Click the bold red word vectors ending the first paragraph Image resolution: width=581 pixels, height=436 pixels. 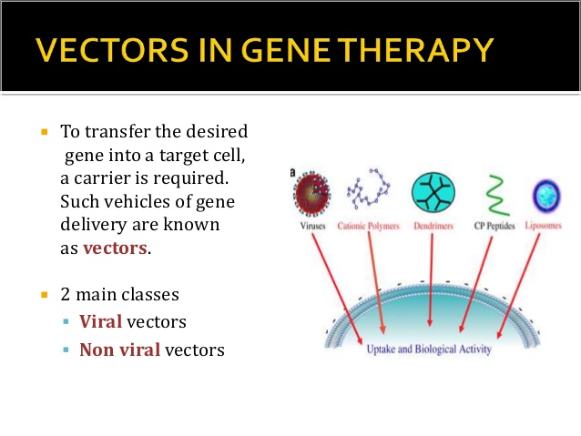(x=116, y=248)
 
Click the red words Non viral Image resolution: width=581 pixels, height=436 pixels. (x=119, y=349)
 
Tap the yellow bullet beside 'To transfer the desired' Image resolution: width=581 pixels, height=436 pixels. (x=43, y=132)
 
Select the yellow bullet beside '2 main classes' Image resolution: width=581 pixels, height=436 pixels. (x=43, y=296)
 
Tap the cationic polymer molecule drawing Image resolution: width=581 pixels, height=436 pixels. (x=369, y=192)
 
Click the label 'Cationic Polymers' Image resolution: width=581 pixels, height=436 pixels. (x=370, y=224)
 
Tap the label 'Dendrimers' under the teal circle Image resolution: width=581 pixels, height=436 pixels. (x=433, y=224)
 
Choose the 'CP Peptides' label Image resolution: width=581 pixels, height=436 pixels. (x=491, y=224)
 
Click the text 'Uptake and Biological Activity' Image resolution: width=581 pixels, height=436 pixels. (x=427, y=348)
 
